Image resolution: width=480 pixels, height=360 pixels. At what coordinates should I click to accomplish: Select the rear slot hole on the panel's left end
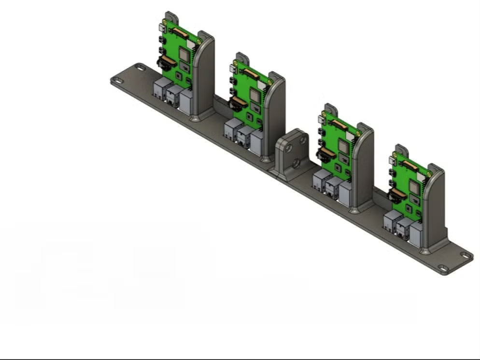click(140, 68)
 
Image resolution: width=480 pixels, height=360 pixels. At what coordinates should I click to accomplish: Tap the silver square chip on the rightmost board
click(414, 186)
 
